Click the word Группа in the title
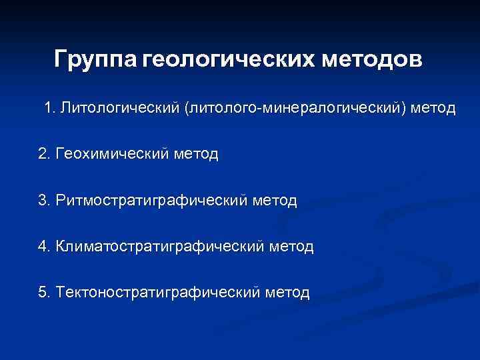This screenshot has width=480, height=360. [96, 60]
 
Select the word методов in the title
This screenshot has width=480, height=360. [372, 60]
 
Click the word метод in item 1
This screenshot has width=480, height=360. [434, 107]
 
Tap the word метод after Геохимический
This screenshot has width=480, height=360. [195, 154]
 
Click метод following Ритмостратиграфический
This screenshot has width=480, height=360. [274, 200]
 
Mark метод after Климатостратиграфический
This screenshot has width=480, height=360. [291, 247]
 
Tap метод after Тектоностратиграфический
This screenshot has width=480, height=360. [287, 293]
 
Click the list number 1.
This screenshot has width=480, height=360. [49, 107]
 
